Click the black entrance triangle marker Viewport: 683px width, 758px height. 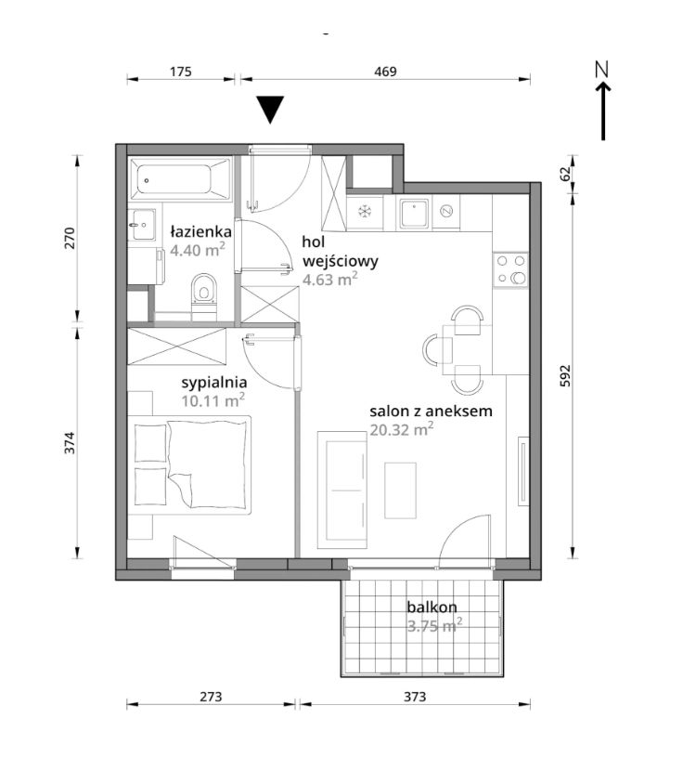270,109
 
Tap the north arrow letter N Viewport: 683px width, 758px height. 602,70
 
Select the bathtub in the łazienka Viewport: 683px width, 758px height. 180,180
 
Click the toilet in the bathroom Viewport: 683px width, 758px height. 204,295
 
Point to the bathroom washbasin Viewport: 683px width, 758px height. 142,225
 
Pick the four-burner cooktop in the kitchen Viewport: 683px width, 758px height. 510,269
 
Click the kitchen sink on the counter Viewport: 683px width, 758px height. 414,214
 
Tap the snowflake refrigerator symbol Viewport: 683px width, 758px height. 364,211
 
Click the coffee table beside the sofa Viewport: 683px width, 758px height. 401,490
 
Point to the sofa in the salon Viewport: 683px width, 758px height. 342,490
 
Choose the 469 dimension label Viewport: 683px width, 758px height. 385,72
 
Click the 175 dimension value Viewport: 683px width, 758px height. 181,72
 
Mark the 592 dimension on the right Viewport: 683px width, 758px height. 565,375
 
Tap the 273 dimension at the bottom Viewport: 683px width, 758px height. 211,697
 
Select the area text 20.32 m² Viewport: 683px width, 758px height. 402,429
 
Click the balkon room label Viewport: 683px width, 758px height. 432,607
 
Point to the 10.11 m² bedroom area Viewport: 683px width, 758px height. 213,400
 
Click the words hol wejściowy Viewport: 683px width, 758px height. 340,252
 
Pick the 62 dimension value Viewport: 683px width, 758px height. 565,174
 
